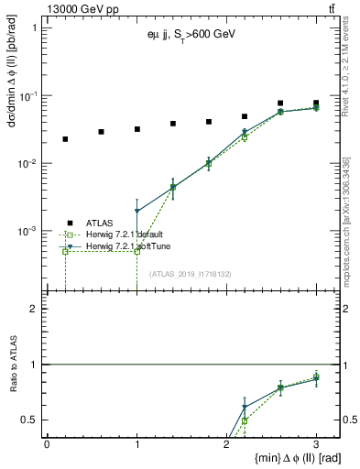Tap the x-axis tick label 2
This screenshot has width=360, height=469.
click(226, 444)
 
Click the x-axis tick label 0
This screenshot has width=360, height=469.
click(47, 444)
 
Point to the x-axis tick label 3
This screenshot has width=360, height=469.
click(316, 444)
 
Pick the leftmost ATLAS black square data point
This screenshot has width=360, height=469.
click(65, 139)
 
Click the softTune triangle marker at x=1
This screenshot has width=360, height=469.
click(136, 212)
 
